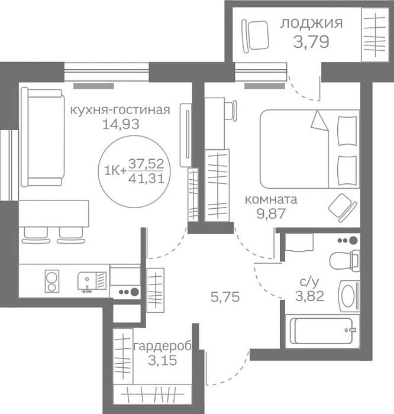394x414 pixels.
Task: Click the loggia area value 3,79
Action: (311, 42)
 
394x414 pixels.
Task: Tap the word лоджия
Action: (311, 23)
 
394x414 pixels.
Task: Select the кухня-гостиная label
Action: (120, 110)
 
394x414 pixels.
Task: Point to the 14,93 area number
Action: (121, 124)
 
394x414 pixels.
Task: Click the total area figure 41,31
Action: (146, 179)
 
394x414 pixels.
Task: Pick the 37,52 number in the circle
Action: (146, 164)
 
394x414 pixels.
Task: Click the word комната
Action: (271, 199)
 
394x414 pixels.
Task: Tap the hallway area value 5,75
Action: (225, 297)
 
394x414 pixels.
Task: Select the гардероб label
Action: (163, 347)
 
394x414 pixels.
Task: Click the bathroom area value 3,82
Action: (309, 296)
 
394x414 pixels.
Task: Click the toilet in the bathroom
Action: (345, 260)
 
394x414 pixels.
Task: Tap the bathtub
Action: (323, 331)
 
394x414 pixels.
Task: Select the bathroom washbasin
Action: (349, 296)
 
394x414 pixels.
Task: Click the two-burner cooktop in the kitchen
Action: (51, 281)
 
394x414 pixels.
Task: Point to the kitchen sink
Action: (92, 282)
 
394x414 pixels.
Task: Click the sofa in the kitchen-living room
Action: (43, 137)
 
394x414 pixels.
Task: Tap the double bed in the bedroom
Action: (309, 149)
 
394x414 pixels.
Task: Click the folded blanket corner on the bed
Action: (319, 121)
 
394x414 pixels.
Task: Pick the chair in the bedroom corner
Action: (343, 208)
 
